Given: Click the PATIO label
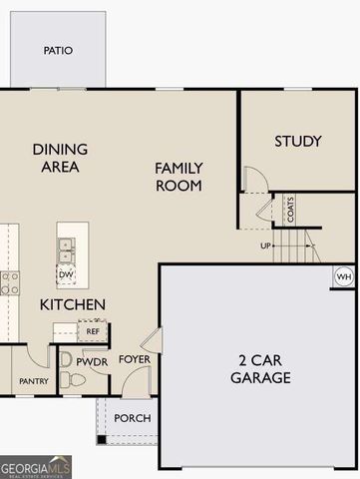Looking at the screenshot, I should [59, 50].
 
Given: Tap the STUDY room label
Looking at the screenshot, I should [298, 142].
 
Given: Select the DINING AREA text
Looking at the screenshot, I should [60, 158].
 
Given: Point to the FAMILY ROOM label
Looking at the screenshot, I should [179, 177].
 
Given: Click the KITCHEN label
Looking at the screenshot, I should [73, 303].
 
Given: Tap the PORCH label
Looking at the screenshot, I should [132, 418].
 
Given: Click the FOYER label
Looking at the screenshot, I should [135, 359].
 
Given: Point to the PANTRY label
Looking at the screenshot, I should [28, 381].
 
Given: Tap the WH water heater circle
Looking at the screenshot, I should [344, 276].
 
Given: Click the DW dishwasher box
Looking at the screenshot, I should [67, 274].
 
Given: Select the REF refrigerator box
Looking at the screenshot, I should [93, 330].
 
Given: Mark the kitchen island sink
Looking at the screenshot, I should [66, 248].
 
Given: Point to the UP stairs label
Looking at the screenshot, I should [265, 244].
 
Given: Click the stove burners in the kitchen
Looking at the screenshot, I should [8, 281].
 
